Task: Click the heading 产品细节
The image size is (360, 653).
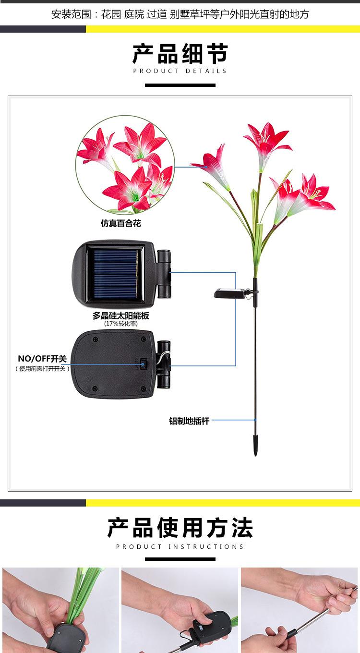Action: [180, 54]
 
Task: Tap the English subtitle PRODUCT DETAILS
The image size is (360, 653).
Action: [180, 71]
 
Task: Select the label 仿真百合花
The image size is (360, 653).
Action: [120, 223]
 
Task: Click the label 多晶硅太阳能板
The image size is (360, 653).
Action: [120, 315]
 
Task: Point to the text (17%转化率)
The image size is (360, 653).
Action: [120, 324]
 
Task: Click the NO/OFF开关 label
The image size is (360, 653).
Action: [42, 359]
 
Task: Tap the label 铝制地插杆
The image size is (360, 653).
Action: [189, 421]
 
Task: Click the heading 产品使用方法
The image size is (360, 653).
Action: [180, 528]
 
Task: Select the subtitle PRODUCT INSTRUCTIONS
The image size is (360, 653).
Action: [180, 546]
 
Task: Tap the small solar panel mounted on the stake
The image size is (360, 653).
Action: [227, 292]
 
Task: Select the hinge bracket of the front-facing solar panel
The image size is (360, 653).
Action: [164, 274]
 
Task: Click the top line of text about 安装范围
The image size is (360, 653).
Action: [180, 14]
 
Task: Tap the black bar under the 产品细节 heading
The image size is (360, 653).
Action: [180, 85]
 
